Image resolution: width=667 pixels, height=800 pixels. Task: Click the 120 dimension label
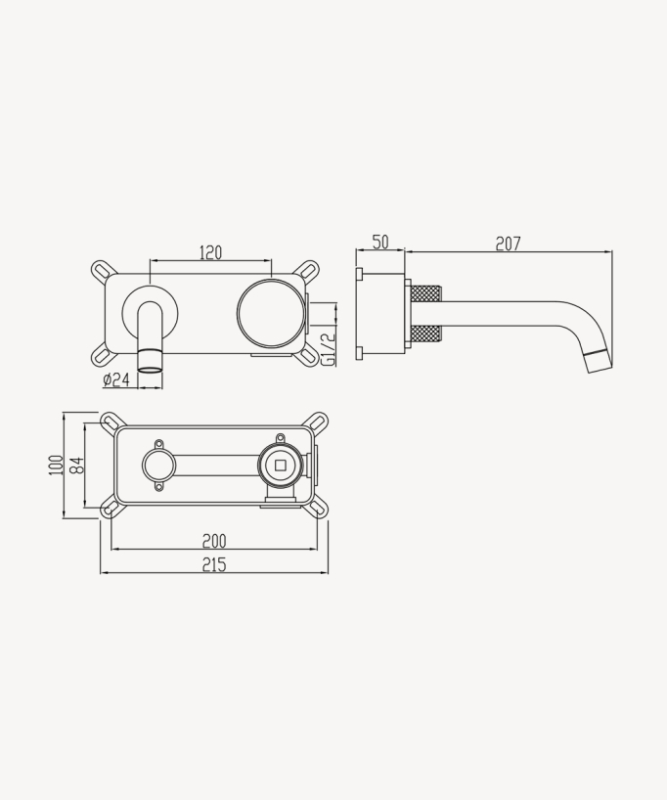tap(210, 252)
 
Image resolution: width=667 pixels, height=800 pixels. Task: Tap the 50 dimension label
tap(380, 243)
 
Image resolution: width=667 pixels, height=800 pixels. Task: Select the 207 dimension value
tap(508, 244)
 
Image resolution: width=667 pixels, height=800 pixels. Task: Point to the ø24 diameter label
tap(115, 379)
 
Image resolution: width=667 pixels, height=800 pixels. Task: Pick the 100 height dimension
tap(55, 465)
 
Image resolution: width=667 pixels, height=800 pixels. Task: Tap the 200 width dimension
tap(214, 541)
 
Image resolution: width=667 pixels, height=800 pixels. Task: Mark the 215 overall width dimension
tap(214, 564)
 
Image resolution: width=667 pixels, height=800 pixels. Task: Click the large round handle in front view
tap(271, 313)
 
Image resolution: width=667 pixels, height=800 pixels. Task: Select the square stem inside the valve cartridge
tap(281, 466)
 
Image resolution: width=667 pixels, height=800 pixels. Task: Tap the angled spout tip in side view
tap(599, 359)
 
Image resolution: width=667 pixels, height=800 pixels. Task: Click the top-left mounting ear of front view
tap(103, 269)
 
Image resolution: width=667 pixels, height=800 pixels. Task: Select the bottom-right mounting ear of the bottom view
tap(317, 507)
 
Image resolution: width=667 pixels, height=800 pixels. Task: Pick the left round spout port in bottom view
tap(157, 466)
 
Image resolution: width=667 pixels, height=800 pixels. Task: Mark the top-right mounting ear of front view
tap(308, 269)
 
